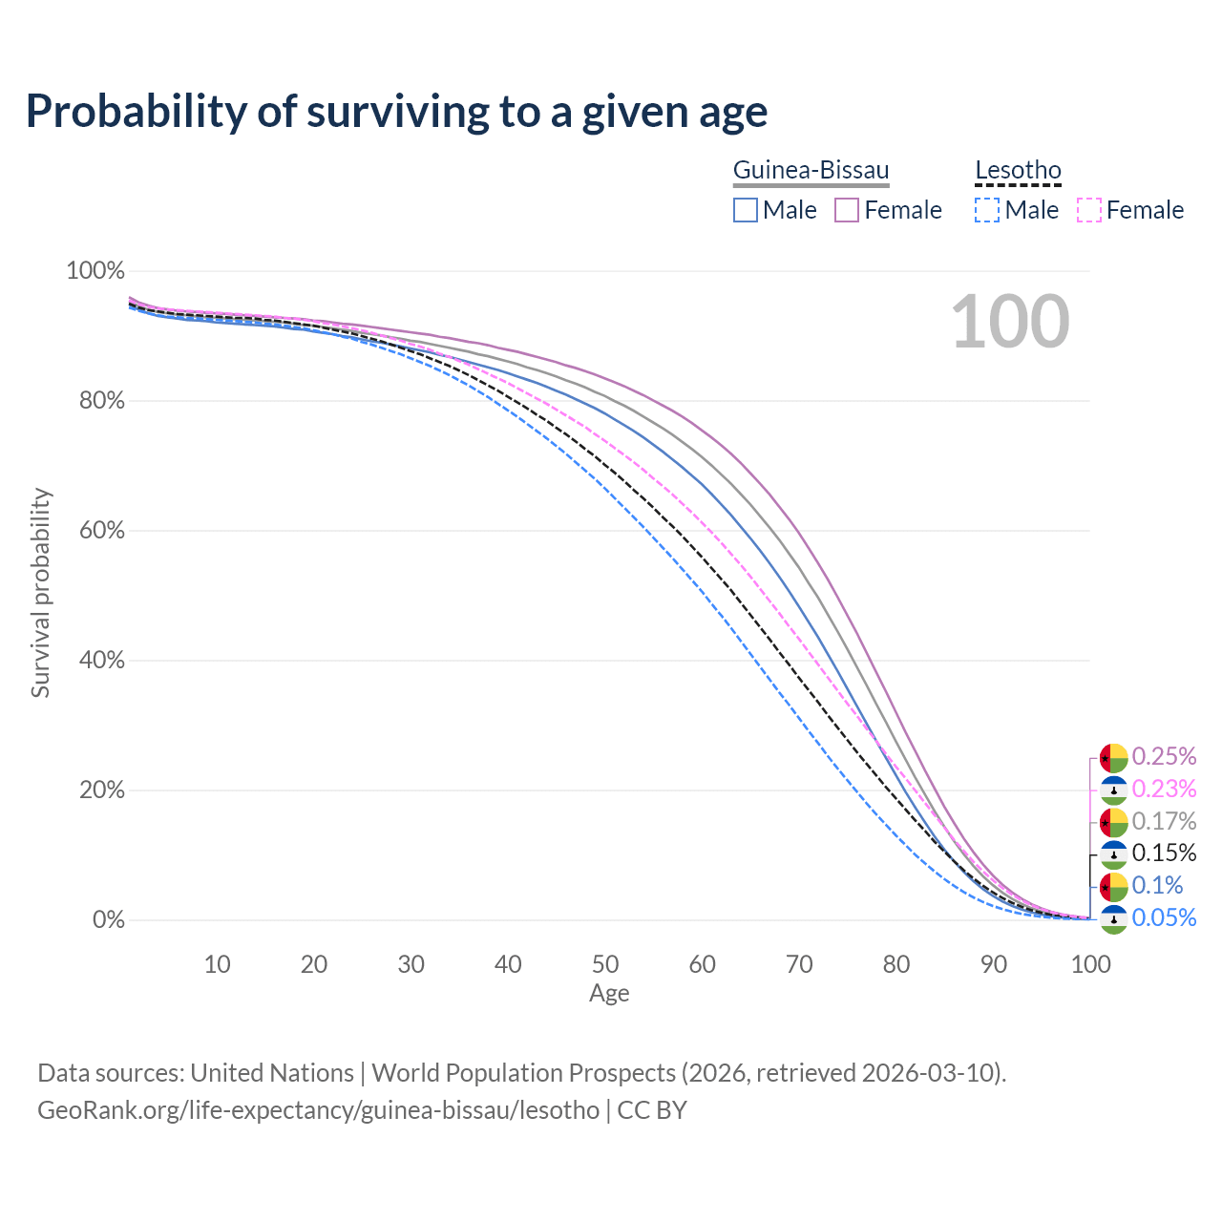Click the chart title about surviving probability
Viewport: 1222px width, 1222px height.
click(x=396, y=112)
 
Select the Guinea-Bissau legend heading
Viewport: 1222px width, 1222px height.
click(x=811, y=171)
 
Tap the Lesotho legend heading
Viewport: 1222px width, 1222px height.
click(x=1018, y=171)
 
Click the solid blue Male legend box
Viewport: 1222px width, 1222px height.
click(x=746, y=210)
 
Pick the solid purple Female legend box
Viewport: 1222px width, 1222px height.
click(x=847, y=210)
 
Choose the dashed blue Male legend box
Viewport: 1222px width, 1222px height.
click(x=987, y=210)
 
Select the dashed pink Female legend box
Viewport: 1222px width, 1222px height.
click(x=1088, y=210)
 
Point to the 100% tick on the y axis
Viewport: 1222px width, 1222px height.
click(x=95, y=271)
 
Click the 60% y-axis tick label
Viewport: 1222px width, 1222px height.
click(x=102, y=531)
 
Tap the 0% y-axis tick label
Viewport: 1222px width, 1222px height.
click(x=109, y=920)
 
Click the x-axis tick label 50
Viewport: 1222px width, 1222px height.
click(x=605, y=964)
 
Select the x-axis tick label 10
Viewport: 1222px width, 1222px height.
click(x=218, y=964)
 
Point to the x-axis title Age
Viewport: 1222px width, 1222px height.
click(x=609, y=994)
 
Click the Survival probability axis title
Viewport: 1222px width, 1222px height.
click(x=41, y=593)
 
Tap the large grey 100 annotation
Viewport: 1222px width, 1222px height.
click(x=1010, y=322)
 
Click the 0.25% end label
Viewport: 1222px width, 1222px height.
click(x=1164, y=757)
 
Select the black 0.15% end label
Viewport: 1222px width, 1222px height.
click(x=1164, y=853)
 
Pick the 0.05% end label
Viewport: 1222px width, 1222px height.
click(x=1164, y=918)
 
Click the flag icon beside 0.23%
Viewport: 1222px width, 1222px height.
click(x=1114, y=790)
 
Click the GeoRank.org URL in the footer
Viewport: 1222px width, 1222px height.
click(x=318, y=1110)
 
